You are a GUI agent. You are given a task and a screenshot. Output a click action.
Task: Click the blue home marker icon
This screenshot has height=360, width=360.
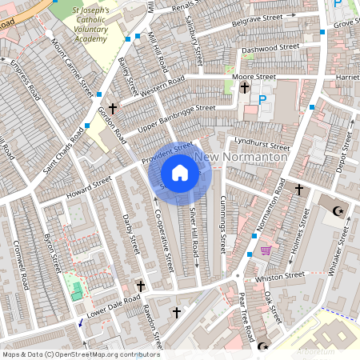tap(180, 172)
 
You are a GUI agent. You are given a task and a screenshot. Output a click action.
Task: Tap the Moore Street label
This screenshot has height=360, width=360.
tap(255, 77)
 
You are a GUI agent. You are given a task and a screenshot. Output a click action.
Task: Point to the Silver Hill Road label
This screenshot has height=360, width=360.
tap(194, 232)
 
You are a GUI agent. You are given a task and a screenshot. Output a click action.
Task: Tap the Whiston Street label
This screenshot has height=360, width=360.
tap(280, 277)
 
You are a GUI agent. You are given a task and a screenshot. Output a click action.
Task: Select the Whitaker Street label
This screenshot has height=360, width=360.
tap(340, 252)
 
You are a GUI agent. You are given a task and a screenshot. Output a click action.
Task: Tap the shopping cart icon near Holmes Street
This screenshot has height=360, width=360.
tap(266, 250)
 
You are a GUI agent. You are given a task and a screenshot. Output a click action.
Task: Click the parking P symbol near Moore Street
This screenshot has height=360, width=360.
tap(262, 100)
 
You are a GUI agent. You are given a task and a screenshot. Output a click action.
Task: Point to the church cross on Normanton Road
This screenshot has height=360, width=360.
tap(298, 190)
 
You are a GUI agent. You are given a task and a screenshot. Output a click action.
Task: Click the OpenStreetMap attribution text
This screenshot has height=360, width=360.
tap(80, 354)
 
